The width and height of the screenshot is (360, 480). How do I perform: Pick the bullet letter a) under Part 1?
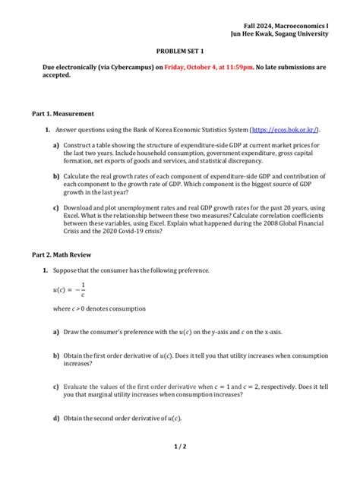point(56,144)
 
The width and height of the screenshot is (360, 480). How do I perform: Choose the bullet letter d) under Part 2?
point(56,418)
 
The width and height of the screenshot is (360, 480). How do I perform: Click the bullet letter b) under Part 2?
point(56,355)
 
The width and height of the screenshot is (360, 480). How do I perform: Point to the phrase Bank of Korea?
point(139,130)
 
